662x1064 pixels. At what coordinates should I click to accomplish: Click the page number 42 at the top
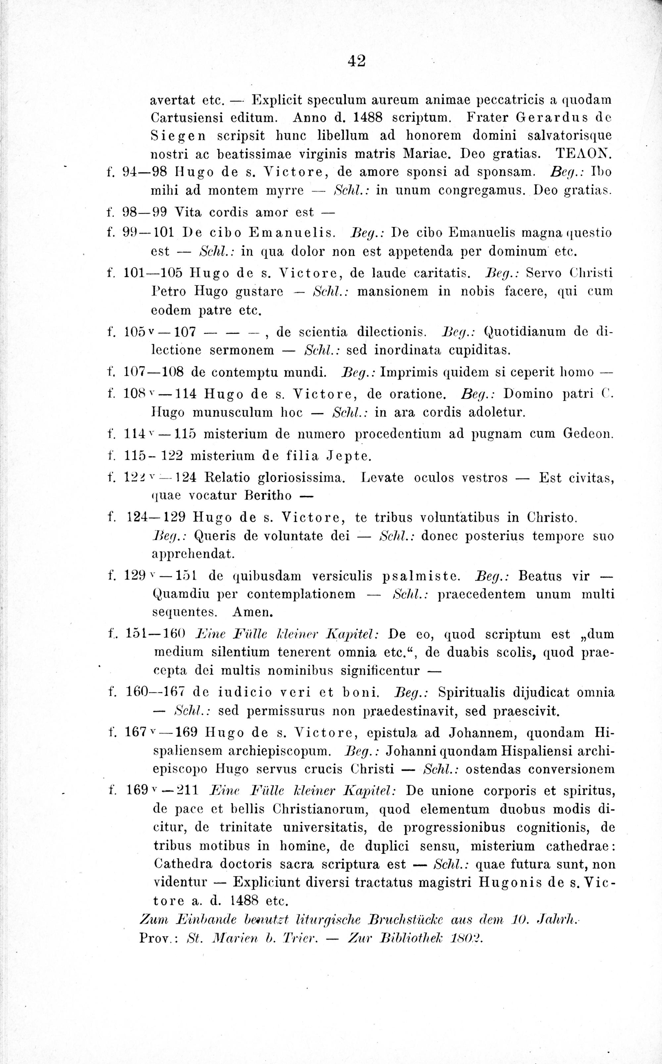(x=356, y=60)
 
